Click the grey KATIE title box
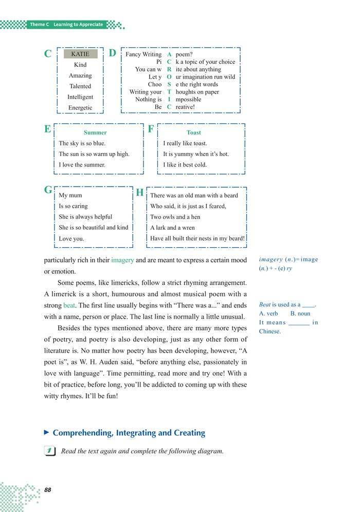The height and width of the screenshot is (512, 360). coord(80,54)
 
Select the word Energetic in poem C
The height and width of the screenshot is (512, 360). coord(80,107)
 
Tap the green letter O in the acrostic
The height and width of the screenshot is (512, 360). coord(169,77)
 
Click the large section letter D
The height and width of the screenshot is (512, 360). coord(113,53)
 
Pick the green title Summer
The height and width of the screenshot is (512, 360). coord(95,133)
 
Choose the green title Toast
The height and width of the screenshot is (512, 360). coord(194,133)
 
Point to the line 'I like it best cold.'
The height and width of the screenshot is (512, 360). coord(185,165)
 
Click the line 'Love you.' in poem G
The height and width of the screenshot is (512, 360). coord(71,239)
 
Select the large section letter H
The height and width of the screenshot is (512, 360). coord(139,193)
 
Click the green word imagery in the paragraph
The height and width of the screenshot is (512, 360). coord(122,260)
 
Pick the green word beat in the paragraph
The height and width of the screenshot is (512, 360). coord(69,305)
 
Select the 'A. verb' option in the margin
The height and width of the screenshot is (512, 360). coord(268,314)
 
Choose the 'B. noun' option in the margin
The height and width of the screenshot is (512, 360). coord(300,314)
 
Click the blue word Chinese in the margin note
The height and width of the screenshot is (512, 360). coord(270,332)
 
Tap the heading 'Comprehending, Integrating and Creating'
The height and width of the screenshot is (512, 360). coord(129,433)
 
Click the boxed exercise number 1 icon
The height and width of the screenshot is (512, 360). coord(50,451)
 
